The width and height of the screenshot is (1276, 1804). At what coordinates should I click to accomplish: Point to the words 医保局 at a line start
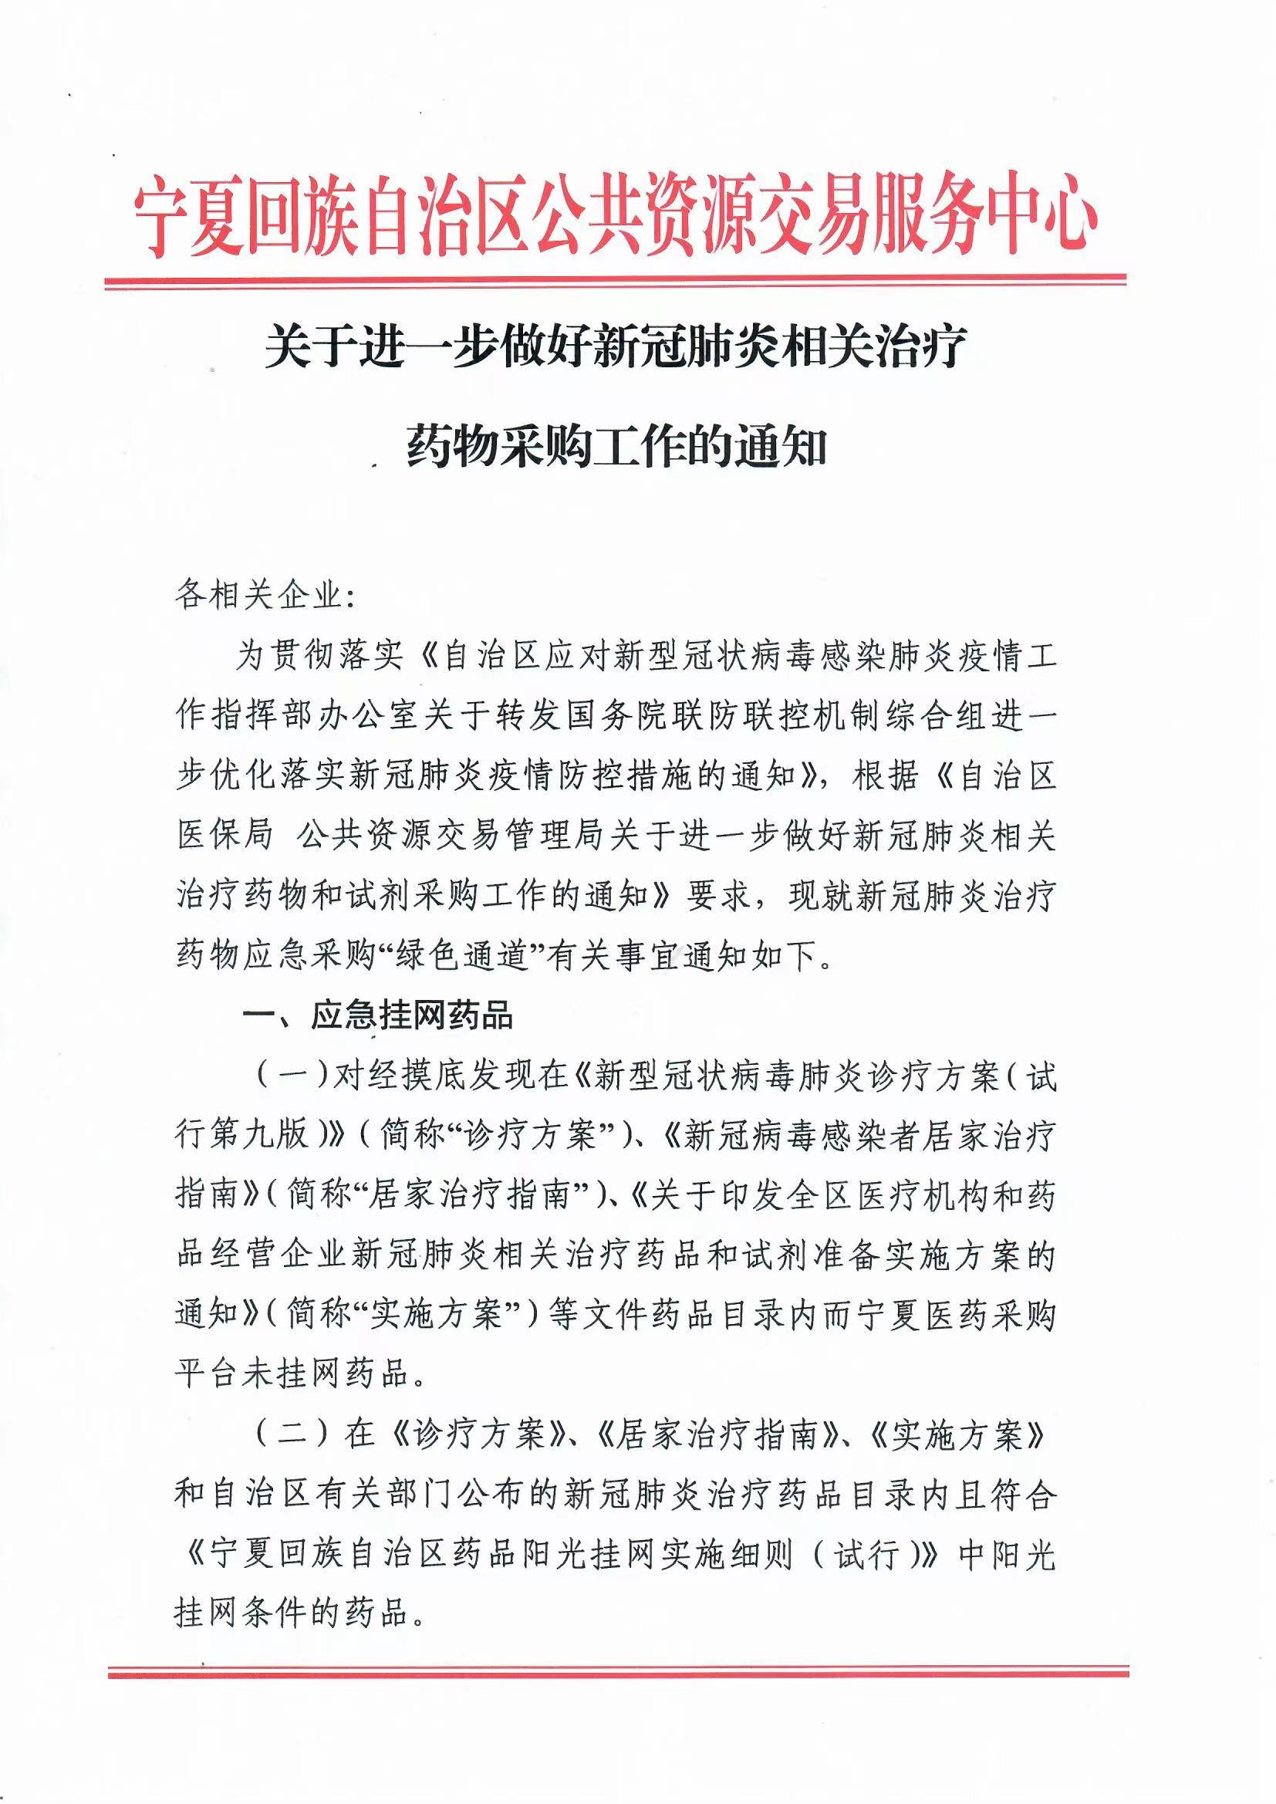click(x=224, y=836)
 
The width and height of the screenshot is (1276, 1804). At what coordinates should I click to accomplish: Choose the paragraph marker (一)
click(x=291, y=1076)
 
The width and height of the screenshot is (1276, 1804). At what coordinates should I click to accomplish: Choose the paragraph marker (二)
click(x=291, y=1436)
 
